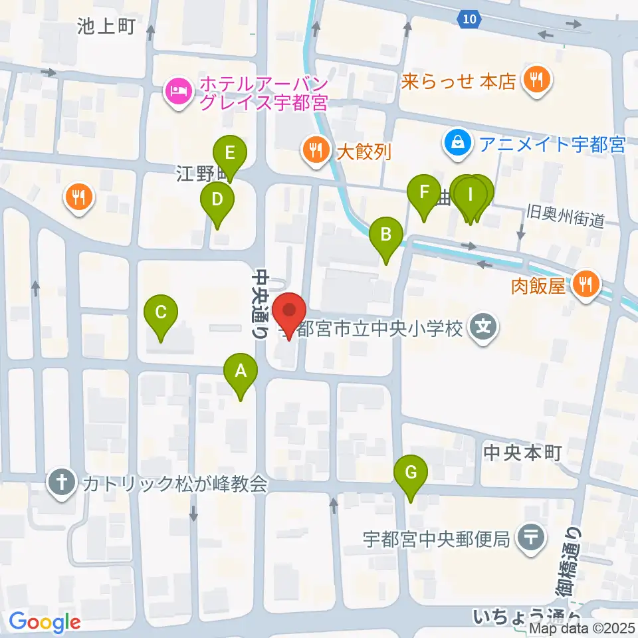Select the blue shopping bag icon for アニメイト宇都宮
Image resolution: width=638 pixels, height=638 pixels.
(x=457, y=142)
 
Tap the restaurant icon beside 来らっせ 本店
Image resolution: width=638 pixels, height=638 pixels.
(x=536, y=80)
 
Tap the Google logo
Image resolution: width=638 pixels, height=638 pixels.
(x=45, y=622)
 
